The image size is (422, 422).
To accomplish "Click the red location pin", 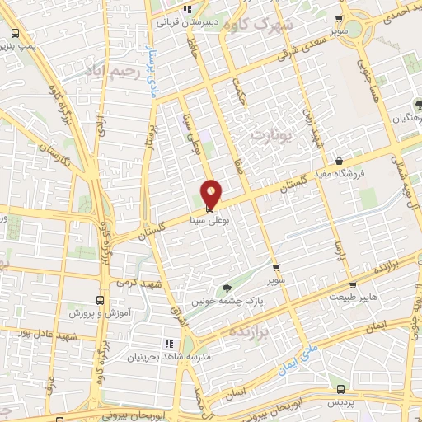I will pos(212,195).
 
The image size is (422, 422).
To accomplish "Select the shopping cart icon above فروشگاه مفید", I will pos(339,161).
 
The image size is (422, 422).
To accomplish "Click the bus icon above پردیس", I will pos(339,388).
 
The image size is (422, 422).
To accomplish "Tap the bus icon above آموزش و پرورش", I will pos(100,300).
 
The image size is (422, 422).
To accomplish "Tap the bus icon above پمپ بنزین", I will pos(15,35).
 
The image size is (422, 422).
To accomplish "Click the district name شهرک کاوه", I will pos(263,30).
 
